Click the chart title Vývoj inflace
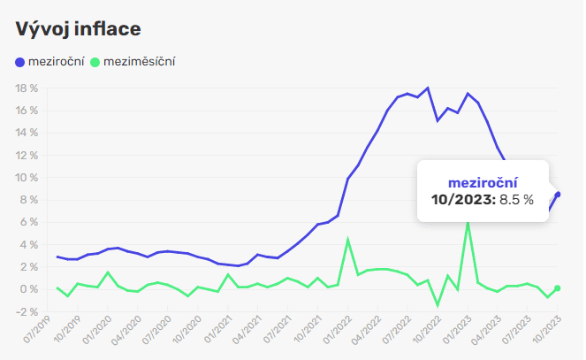[x=79, y=28]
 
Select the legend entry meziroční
[x=56, y=63]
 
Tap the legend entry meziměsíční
[x=140, y=63]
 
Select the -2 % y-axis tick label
[x=27, y=311]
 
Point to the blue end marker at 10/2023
[x=558, y=195]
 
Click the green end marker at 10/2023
[x=558, y=288]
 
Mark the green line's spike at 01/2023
[x=468, y=222]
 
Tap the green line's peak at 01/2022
[x=348, y=239]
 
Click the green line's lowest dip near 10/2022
[x=438, y=305]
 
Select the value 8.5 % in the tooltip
[x=517, y=200]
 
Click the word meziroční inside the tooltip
[x=483, y=182]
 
